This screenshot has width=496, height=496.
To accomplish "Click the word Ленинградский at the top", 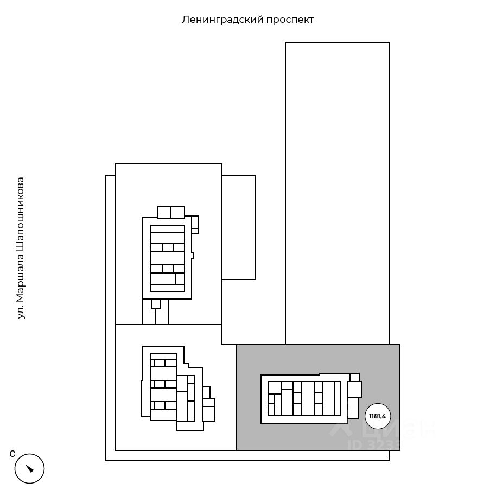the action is click(222, 20).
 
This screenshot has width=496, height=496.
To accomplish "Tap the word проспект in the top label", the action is click(290, 20).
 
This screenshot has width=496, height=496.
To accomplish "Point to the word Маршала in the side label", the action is click(21, 271).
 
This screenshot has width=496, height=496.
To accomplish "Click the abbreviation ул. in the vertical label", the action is click(21, 312).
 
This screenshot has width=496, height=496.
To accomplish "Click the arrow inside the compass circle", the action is click(29, 468).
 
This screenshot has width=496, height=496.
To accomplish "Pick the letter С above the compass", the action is click(12, 454).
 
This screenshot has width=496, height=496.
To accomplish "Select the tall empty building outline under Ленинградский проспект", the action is click(337, 193).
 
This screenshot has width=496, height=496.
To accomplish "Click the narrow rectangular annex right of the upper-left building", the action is click(239, 227).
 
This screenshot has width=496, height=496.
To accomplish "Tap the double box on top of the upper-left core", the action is click(171, 212).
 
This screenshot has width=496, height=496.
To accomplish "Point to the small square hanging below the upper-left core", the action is click(156, 304).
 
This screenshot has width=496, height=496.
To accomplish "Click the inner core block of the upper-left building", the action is click(168, 258).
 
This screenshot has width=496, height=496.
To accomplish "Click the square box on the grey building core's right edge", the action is click(354, 389).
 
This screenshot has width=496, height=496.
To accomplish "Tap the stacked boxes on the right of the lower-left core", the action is click(208, 406).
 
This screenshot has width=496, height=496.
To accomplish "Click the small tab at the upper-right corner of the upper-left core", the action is click(195, 224).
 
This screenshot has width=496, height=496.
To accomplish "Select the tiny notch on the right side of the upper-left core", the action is click(193, 255).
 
